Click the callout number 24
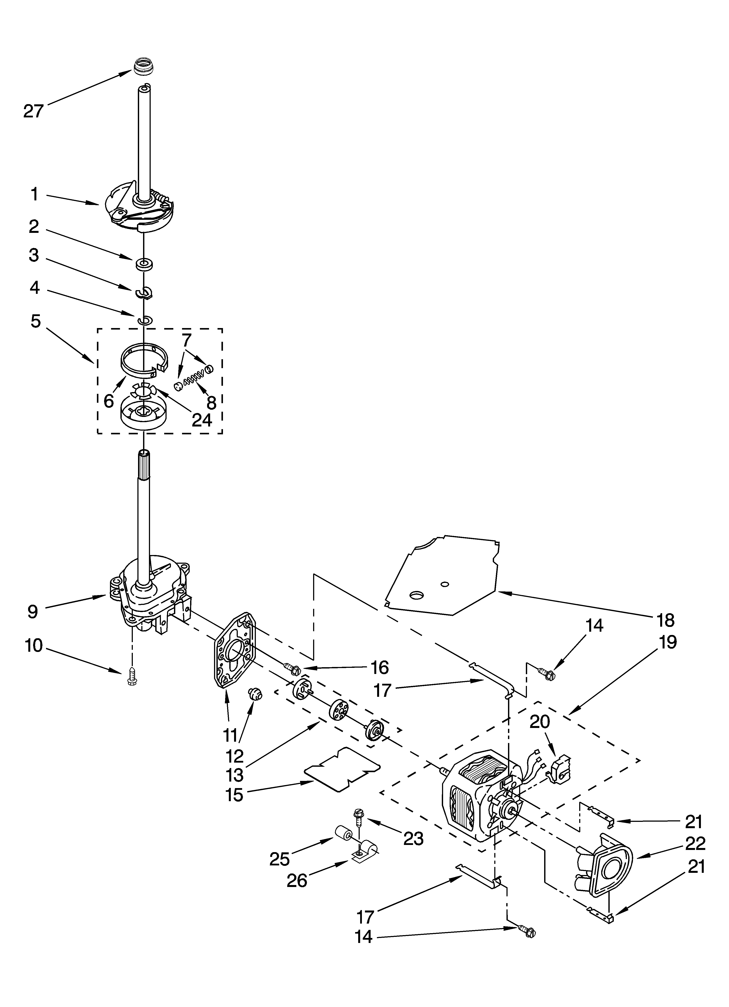202,420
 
